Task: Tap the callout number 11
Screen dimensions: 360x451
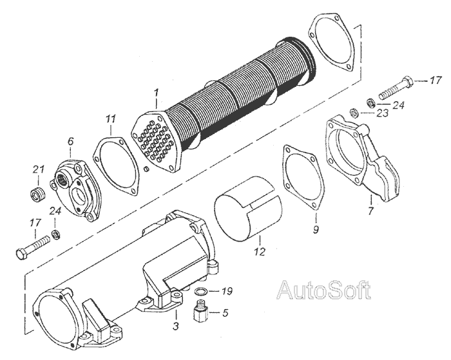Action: [111, 119]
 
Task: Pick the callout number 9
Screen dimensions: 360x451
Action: [315, 228]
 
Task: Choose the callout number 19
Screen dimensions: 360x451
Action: [227, 291]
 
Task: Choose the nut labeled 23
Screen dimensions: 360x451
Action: [354, 113]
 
